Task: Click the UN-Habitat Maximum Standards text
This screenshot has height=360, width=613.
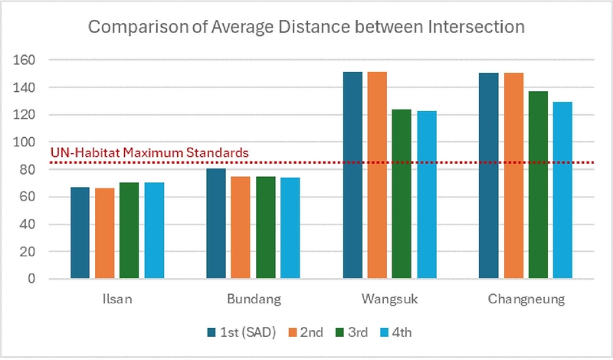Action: point(149,152)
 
